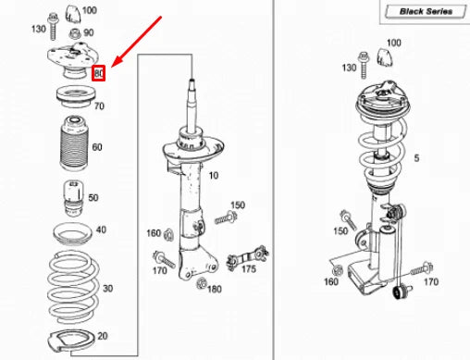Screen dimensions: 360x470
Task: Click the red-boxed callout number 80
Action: tap(100, 71)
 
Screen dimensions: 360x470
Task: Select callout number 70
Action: tap(99, 106)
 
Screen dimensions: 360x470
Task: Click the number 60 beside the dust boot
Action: tap(98, 147)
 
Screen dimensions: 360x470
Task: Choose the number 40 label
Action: tap(100, 230)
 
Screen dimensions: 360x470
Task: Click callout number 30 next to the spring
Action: tap(106, 289)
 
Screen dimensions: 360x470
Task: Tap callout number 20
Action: tap(102, 336)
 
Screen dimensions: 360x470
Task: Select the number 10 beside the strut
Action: tap(213, 175)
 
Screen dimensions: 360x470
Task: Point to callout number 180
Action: tap(215, 290)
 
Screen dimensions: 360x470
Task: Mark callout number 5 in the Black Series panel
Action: tap(416, 158)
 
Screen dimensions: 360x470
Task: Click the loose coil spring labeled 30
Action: tap(69, 282)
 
